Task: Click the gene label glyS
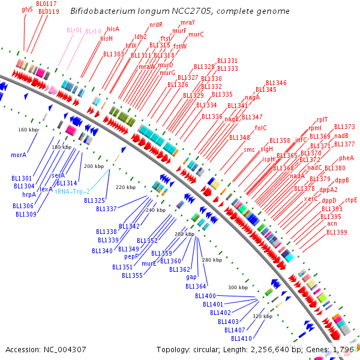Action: coord(27,10)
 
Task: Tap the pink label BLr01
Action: coord(73,30)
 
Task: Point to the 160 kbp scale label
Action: coord(28,130)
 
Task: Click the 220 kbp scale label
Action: coord(125,187)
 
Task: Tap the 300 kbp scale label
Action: coord(238,287)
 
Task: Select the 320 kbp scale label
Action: coord(262,316)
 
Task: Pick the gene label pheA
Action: coord(346,158)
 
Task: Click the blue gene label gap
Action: coord(191,277)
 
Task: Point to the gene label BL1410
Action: coord(241,338)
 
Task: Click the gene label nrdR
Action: coord(156,25)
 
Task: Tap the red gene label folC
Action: coord(260,128)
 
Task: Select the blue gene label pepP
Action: coord(132,256)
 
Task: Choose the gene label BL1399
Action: coord(337,232)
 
